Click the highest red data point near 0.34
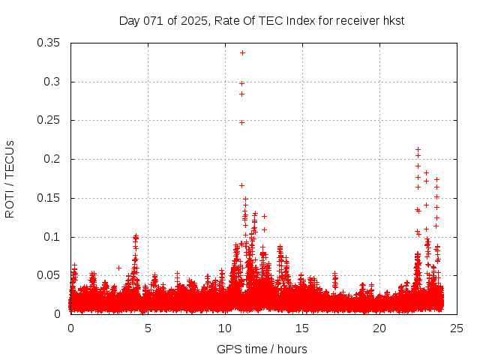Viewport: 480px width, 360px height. (242, 52)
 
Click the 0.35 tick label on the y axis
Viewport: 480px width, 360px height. (49, 43)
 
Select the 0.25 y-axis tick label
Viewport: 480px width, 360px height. (49, 121)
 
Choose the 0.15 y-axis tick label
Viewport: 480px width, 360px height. (49, 198)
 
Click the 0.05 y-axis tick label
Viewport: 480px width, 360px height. (49, 275)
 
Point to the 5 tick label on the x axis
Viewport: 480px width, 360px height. (148, 328)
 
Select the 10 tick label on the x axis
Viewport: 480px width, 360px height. (225, 328)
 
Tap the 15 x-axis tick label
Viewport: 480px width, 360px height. (302, 328)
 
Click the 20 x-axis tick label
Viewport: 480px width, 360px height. (379, 328)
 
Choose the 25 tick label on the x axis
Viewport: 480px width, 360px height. (457, 328)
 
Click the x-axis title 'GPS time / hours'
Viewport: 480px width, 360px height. (262, 349)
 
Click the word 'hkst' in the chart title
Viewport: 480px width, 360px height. (393, 20)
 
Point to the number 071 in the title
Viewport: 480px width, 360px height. (154, 20)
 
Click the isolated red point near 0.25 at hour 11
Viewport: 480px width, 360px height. (241, 122)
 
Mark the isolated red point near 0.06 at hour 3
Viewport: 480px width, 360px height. (118, 268)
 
